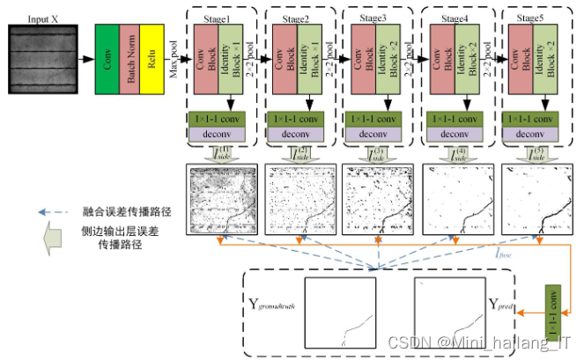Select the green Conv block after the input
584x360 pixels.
107,59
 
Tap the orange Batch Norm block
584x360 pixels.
131,59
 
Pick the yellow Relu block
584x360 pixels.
154,59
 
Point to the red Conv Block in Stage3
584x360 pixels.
364,59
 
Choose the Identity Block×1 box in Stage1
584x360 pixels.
228,59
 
